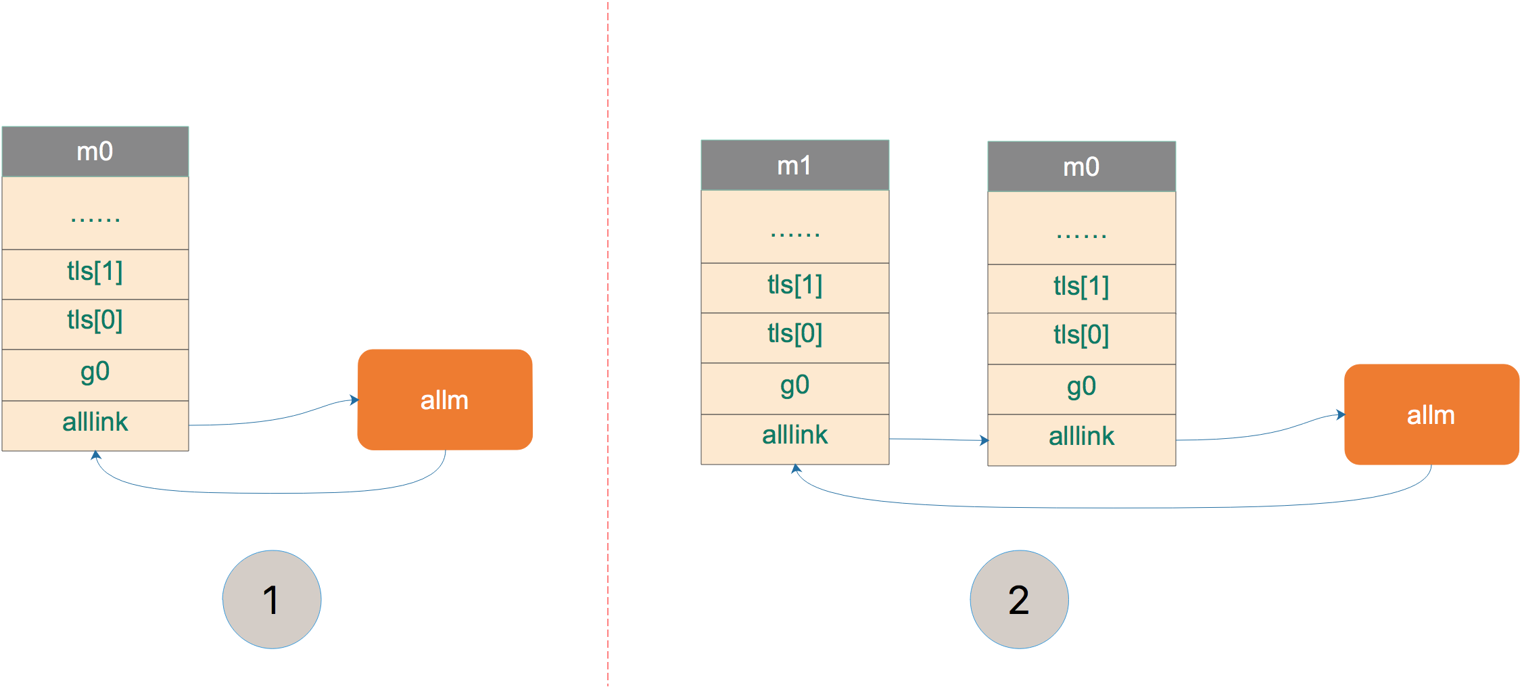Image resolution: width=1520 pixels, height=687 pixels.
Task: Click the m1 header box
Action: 794,165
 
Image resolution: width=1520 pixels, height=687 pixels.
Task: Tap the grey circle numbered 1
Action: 272,599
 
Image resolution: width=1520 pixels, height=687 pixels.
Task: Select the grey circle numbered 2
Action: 1019,599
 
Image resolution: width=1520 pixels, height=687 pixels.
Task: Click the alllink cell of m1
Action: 794,439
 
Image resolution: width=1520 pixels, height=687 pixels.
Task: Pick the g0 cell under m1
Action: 794,388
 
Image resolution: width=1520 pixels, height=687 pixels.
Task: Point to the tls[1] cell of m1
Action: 794,287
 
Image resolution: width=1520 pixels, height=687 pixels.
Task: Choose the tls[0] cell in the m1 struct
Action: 794,337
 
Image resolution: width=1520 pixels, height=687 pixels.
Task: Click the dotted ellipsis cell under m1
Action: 794,227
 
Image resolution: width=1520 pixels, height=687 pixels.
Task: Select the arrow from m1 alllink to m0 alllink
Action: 939,440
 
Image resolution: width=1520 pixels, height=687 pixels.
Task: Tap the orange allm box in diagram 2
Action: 1431,414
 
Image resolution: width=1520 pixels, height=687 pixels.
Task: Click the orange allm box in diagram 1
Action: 445,400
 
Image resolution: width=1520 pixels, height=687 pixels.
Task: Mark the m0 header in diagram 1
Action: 95,151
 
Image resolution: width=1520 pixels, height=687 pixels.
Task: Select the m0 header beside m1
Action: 1081,166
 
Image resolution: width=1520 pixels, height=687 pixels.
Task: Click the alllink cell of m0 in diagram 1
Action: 95,425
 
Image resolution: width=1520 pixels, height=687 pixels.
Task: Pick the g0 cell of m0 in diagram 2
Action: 1081,389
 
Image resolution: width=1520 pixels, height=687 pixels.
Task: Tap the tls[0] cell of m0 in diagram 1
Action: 95,324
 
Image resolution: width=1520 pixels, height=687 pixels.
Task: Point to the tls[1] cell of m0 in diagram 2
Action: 1081,289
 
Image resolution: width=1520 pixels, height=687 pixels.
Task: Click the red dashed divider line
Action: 608,343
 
